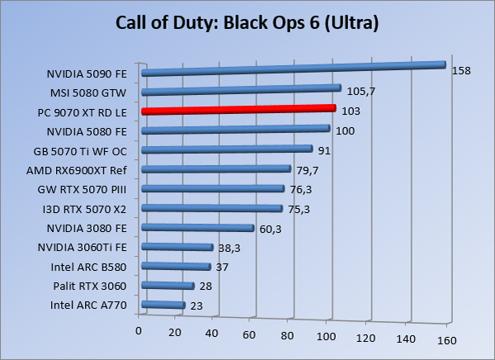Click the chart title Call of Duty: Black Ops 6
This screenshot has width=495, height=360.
(247, 23)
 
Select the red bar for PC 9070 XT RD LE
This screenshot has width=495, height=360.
(238, 110)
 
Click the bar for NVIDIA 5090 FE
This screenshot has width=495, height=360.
(293, 69)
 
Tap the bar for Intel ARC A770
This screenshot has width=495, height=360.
(163, 306)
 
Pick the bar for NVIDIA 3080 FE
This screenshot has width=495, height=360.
(198, 228)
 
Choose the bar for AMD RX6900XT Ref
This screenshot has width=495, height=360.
(216, 169)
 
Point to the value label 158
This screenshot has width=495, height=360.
(460, 71)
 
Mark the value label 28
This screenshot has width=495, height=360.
(205, 287)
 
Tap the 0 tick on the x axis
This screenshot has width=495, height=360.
(139, 331)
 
